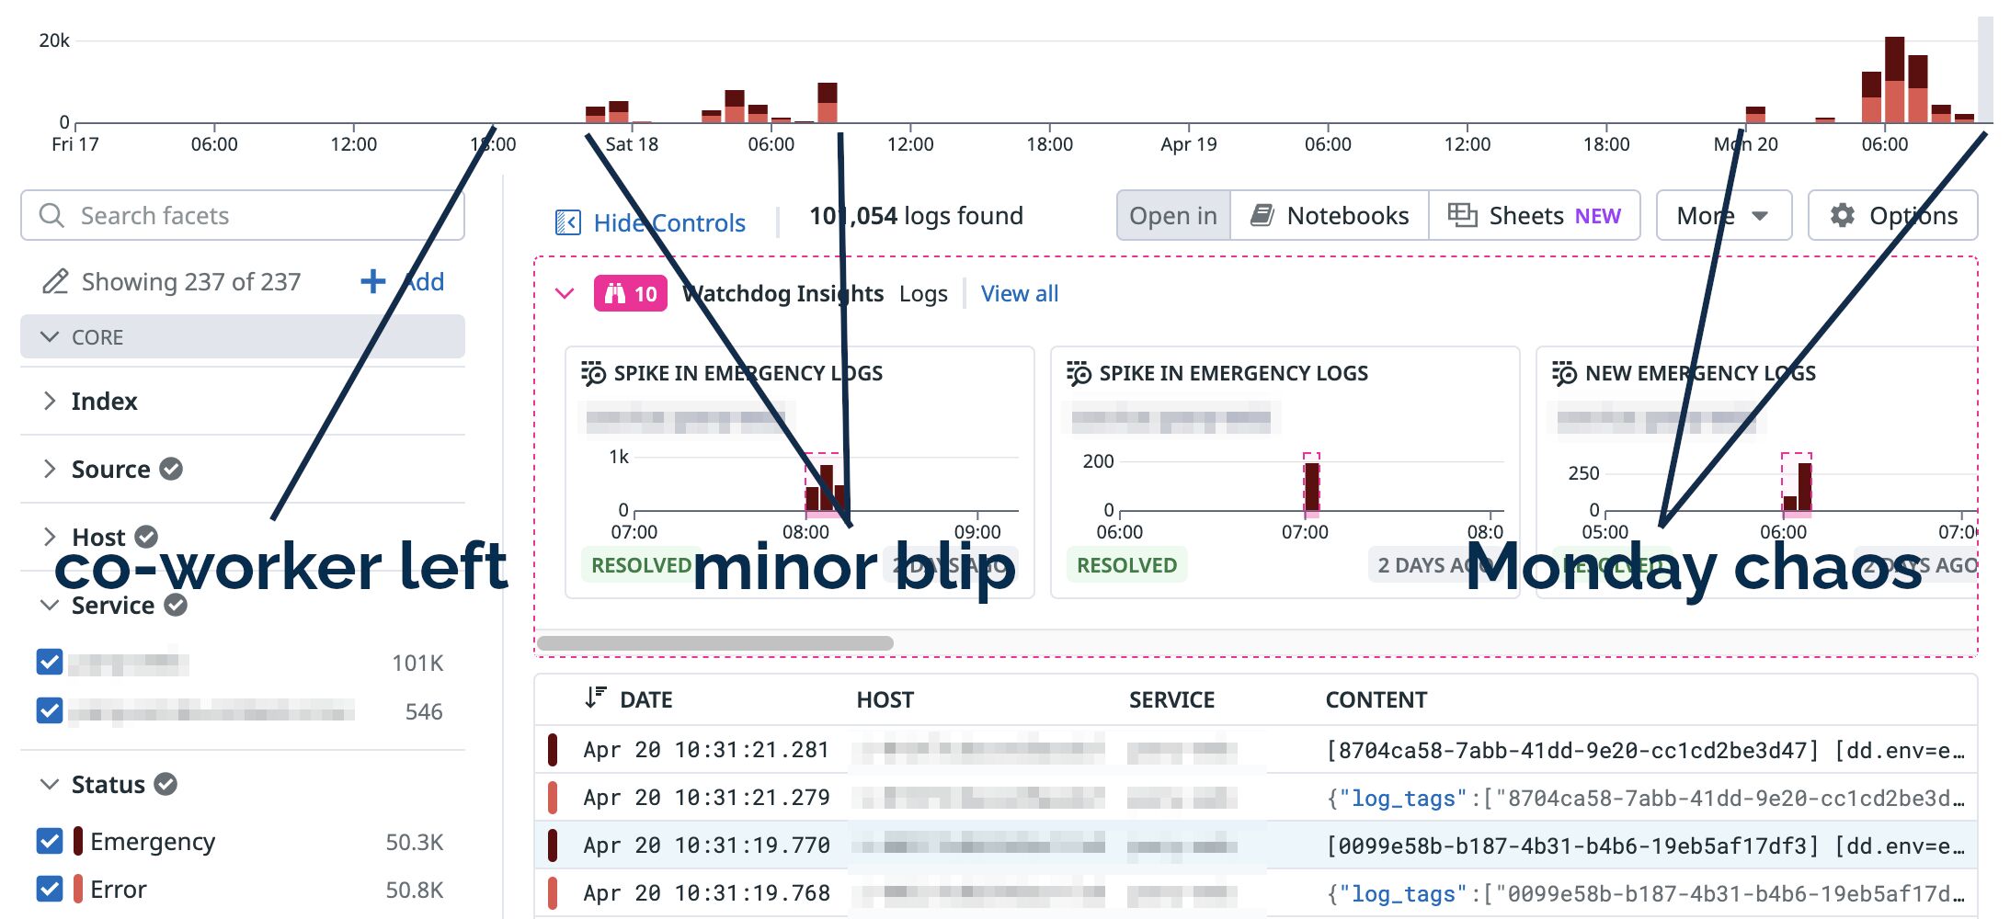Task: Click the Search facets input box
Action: tap(243, 216)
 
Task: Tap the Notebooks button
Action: tap(1330, 216)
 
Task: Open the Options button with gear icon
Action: tap(1893, 216)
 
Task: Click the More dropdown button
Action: tap(1723, 216)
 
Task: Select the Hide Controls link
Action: tap(651, 222)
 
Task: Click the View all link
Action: tap(1019, 294)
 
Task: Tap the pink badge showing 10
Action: tap(631, 294)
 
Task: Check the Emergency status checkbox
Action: tap(50, 841)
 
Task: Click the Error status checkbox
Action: tap(50, 889)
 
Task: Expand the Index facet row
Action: tap(103, 402)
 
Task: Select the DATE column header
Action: tap(645, 700)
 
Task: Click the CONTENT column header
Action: tap(1376, 700)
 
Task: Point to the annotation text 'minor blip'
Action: tap(853, 568)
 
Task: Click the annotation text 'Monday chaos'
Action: tap(1694, 568)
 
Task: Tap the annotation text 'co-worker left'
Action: tap(280, 568)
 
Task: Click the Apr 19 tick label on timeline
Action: tap(1188, 144)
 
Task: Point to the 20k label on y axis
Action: tap(54, 40)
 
